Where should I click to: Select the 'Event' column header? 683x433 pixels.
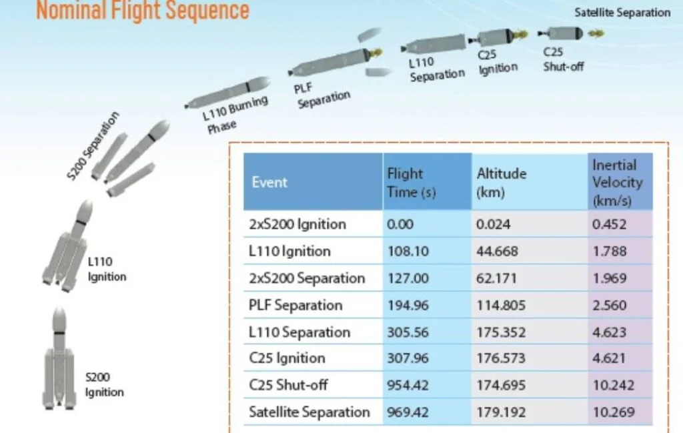(x=269, y=182)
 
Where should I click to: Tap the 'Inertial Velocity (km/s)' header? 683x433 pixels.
(x=617, y=183)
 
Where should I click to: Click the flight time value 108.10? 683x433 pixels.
(x=408, y=252)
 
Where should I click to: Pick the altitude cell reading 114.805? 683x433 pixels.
(x=501, y=305)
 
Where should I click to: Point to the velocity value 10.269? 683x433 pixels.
(x=614, y=412)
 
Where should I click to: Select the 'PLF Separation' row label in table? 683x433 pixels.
(x=295, y=305)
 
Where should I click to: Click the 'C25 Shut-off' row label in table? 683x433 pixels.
(x=288, y=385)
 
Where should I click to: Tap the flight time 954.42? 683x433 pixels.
(x=408, y=385)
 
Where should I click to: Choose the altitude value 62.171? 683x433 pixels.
(x=496, y=278)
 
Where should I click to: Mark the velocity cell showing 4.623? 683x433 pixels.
(x=609, y=332)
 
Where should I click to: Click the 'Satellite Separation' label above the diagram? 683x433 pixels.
(x=622, y=13)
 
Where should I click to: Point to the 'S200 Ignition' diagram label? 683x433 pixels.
(x=104, y=385)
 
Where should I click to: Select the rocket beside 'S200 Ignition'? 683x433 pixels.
(x=59, y=358)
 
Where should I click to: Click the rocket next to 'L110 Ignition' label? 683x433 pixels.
(x=67, y=246)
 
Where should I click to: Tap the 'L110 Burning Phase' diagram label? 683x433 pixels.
(x=235, y=115)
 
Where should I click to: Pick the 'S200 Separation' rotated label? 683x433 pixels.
(x=92, y=146)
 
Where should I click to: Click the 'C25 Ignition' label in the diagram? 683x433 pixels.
(x=498, y=62)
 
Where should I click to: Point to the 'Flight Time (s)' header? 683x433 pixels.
(x=411, y=183)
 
